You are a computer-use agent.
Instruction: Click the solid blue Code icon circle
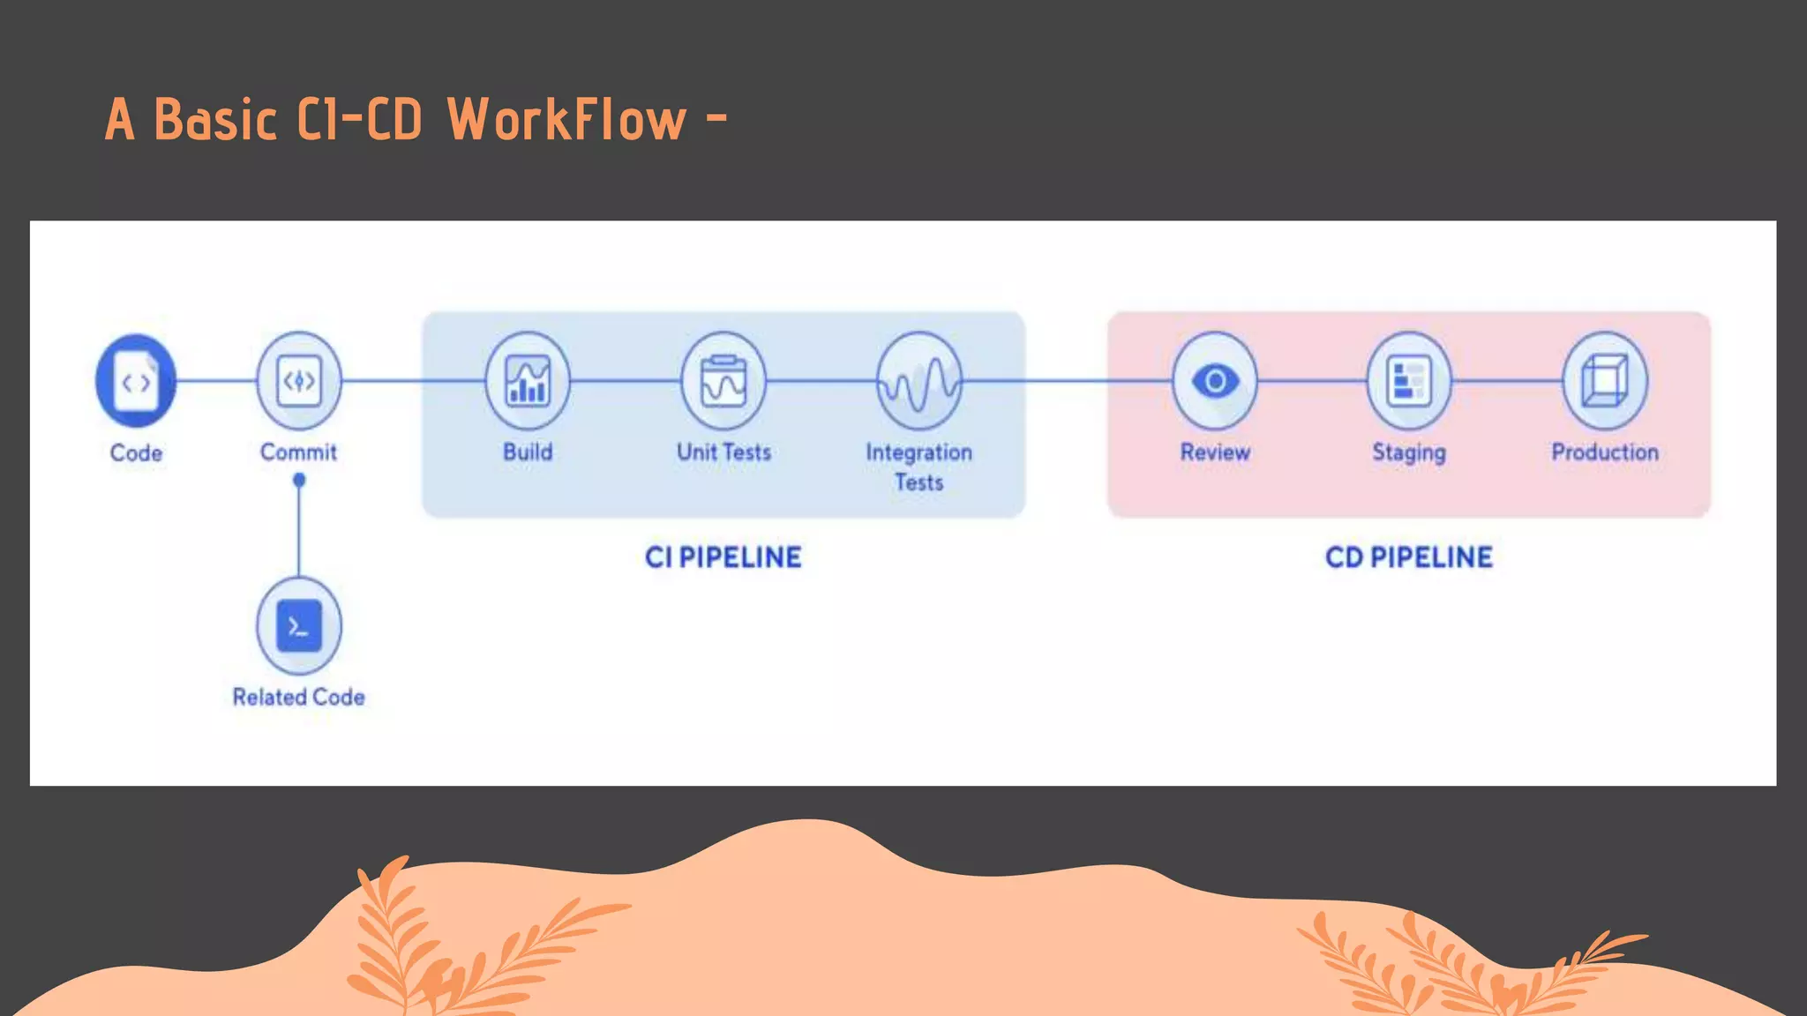(136, 381)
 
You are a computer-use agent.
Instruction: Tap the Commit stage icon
(298, 381)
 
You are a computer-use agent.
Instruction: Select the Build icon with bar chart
(528, 381)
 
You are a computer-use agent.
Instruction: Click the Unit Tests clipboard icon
(724, 381)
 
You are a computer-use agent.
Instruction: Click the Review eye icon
(1215, 381)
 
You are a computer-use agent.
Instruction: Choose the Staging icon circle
(1409, 381)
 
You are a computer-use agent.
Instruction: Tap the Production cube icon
(1604, 381)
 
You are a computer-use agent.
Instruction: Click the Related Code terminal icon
(298, 626)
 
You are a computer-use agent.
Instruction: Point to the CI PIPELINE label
(723, 557)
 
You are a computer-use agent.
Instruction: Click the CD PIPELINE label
(1409, 557)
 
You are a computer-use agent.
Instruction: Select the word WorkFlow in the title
(566, 120)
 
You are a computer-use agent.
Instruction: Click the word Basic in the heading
(216, 120)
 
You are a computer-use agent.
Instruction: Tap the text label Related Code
(298, 697)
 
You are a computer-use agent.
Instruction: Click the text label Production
(1604, 452)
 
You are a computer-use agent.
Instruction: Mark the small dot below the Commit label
(299, 481)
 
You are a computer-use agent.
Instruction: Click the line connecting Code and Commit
(216, 381)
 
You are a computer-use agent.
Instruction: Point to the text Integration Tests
(918, 467)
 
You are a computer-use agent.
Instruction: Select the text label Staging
(1409, 452)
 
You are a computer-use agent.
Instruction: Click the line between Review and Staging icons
(1312, 381)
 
